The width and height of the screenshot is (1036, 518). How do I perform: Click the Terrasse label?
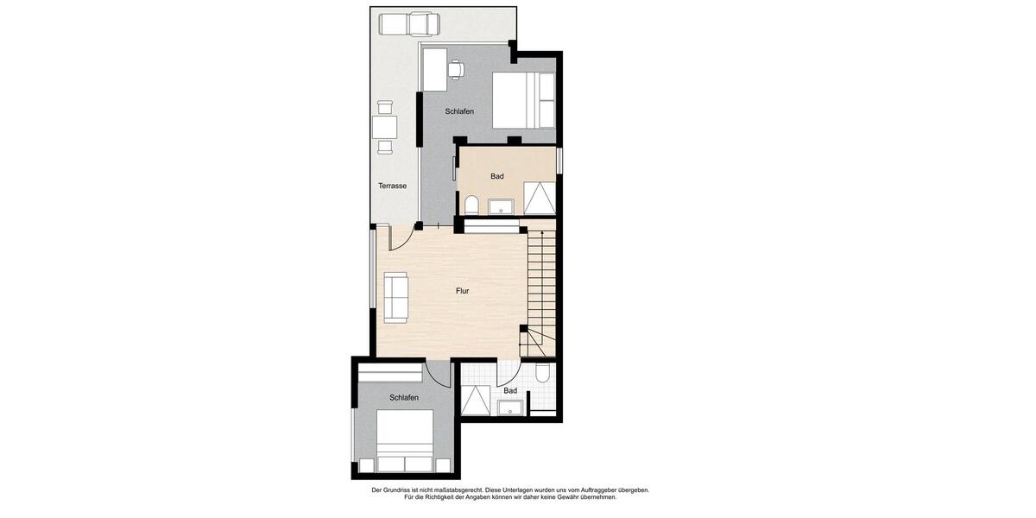392,186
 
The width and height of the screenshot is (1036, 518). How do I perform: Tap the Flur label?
463,291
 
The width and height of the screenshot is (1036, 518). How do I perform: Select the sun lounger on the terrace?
407,25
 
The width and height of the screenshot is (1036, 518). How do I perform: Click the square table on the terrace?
384,128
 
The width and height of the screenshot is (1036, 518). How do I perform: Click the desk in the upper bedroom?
434,69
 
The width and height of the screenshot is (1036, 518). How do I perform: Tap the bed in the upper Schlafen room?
523,100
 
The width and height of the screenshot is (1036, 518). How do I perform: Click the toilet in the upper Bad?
471,205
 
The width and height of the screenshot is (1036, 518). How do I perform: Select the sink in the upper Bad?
501,206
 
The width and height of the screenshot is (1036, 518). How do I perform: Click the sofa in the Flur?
396,296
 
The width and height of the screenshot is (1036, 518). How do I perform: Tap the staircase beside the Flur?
541,289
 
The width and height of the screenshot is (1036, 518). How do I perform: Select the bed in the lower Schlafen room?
405,440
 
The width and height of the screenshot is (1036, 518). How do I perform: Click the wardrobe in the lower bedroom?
390,373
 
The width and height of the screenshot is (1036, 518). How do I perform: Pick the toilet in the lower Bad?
542,373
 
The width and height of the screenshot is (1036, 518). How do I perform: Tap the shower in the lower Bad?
475,401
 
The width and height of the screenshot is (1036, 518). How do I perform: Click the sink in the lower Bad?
510,408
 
